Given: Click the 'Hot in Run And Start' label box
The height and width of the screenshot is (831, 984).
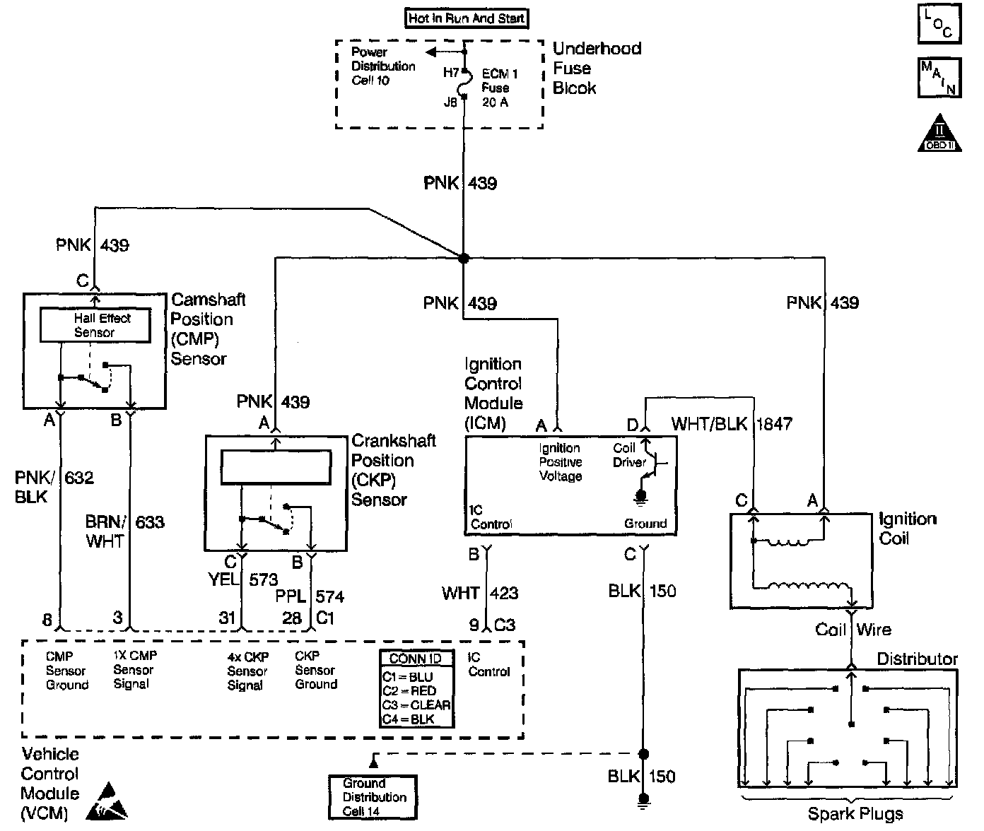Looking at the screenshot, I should (x=467, y=18).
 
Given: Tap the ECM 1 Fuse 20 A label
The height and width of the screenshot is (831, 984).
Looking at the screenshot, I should (x=500, y=88).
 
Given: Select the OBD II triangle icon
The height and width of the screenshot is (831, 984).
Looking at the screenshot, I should (x=941, y=134).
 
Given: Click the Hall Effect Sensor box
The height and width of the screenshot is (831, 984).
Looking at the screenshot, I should (x=95, y=325).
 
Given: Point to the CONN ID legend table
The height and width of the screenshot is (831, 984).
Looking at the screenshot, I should (x=416, y=689).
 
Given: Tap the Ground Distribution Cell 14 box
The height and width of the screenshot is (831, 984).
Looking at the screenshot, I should (x=373, y=797).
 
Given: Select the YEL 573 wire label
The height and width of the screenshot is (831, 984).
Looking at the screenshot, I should (x=242, y=580).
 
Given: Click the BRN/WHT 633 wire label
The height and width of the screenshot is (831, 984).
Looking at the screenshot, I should (x=124, y=531).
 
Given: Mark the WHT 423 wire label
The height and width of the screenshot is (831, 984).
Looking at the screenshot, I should (x=480, y=593).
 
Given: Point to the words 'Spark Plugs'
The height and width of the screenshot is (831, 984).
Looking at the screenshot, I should (x=855, y=814).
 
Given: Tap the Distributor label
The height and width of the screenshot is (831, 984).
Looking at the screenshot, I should (x=917, y=659).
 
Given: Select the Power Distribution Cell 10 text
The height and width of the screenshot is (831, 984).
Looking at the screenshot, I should (x=382, y=66).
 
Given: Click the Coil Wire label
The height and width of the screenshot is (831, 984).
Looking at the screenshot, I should (x=853, y=630).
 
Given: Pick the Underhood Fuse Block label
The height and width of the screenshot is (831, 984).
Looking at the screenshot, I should (x=596, y=69).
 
